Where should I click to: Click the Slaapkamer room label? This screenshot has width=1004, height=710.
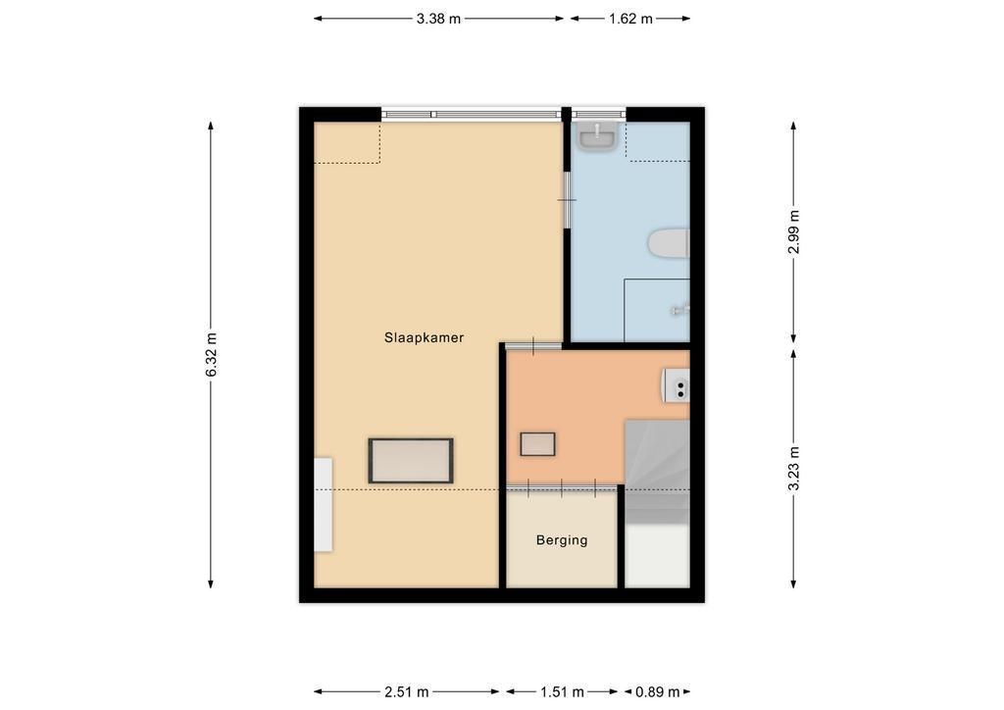click(x=424, y=337)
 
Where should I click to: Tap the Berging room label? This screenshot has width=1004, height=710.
click(x=562, y=539)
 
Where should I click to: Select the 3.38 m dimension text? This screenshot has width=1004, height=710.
click(x=438, y=19)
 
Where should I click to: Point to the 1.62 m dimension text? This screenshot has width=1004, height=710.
click(x=630, y=19)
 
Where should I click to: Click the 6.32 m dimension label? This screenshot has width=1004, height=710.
click(x=212, y=354)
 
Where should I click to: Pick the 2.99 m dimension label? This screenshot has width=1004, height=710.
click(x=793, y=231)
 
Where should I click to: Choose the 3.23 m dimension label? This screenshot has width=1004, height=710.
click(x=793, y=468)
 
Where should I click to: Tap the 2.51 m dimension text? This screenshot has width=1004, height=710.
click(x=407, y=691)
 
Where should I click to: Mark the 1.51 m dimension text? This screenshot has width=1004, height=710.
click(x=562, y=691)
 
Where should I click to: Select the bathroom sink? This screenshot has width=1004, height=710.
click(x=597, y=137)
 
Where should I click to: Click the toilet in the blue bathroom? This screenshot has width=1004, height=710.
click(x=669, y=242)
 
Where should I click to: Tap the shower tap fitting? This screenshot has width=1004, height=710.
click(x=679, y=311)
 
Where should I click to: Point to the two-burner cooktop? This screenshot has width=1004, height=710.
click(x=677, y=385)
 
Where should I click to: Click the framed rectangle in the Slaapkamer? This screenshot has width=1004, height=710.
click(x=411, y=460)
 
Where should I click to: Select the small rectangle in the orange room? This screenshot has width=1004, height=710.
click(x=537, y=444)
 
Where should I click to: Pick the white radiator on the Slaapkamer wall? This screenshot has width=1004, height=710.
click(x=323, y=504)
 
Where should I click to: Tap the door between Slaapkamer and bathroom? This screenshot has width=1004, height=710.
click(x=567, y=200)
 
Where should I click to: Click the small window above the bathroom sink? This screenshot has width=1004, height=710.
click(x=599, y=115)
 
